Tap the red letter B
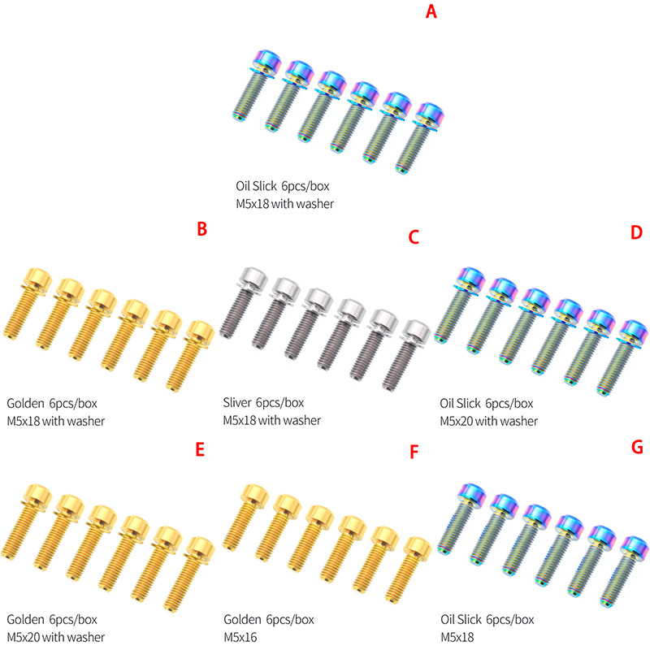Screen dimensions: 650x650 203,229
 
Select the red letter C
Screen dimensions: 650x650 414,236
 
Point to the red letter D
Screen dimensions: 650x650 635,232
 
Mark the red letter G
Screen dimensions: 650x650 636,448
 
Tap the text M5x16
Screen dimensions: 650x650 240,637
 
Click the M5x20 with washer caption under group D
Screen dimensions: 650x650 488,420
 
